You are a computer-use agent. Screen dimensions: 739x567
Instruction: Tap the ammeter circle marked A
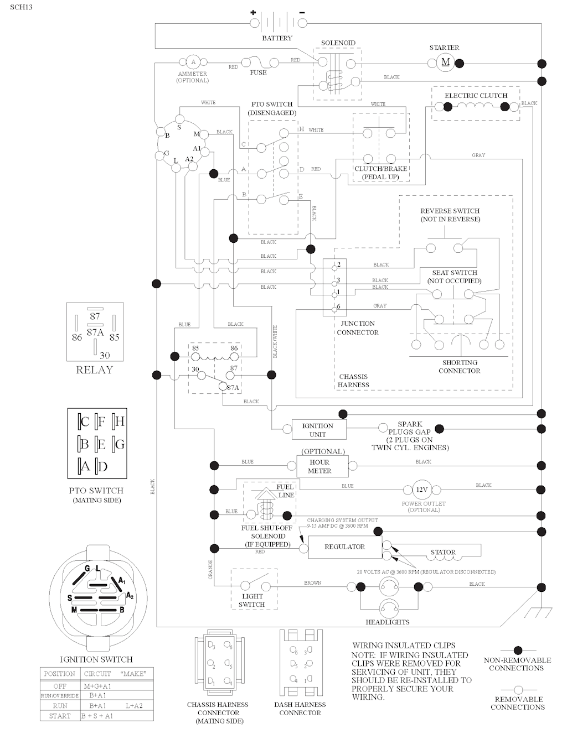[x=193, y=62]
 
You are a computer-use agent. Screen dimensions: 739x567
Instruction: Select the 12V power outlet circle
[x=422, y=490]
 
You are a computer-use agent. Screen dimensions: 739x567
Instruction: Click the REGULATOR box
[x=344, y=547]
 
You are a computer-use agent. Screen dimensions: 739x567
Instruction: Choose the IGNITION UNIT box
[x=317, y=430]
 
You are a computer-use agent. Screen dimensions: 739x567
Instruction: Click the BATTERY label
[x=277, y=38]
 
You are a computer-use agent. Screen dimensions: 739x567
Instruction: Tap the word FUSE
[x=258, y=72]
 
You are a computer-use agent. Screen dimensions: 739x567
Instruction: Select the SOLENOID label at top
[x=338, y=43]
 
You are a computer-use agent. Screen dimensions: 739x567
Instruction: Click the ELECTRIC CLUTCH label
[x=476, y=95]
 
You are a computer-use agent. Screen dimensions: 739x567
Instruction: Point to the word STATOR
[x=443, y=552]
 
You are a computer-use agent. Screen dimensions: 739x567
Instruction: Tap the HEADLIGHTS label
[x=388, y=622]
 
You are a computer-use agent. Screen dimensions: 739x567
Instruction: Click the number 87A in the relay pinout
[x=95, y=332]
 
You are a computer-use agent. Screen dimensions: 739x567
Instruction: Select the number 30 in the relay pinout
[x=105, y=356]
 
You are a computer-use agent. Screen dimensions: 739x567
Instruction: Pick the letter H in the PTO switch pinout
[x=119, y=421]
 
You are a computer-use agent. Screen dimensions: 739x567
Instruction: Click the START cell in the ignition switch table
[x=60, y=716]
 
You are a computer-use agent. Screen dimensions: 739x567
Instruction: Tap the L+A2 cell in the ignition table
[x=133, y=705]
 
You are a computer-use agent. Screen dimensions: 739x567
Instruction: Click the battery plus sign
[x=253, y=12]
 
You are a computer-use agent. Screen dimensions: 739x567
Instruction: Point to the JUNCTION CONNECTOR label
[x=357, y=328]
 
